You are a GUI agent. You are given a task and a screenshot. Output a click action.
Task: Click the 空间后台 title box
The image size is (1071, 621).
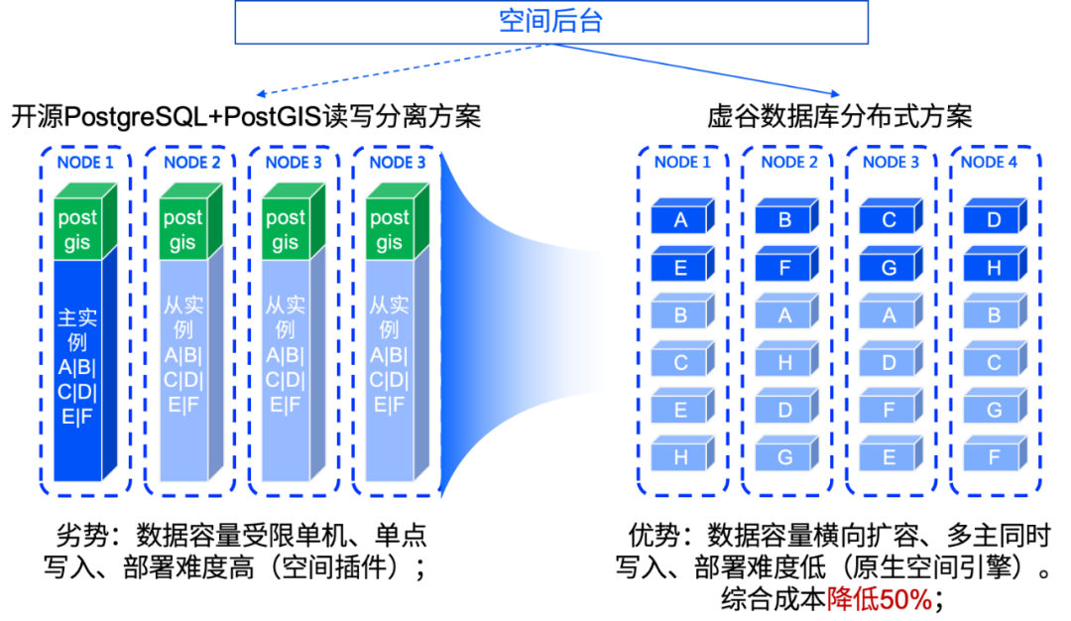pos(551,22)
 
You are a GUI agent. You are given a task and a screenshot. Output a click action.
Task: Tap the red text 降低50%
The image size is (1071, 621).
pos(879,599)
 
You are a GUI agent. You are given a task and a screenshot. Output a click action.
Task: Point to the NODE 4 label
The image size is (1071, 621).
pos(990,162)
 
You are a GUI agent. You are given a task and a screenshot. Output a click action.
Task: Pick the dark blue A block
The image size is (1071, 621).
pos(681,220)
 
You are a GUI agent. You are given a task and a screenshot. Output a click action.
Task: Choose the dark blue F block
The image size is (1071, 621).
pos(784,268)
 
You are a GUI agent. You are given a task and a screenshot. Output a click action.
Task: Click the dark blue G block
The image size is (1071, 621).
pos(889,268)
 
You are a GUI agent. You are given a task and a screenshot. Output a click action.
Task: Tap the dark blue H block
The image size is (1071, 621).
pos(994,268)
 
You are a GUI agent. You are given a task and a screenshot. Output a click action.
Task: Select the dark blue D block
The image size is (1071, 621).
pos(994,220)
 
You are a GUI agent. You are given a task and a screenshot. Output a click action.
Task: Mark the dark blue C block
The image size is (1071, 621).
pos(889,220)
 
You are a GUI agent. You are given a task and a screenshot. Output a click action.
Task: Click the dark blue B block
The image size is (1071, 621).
pos(784,220)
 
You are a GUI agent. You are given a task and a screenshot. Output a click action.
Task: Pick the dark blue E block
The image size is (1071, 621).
pos(681,268)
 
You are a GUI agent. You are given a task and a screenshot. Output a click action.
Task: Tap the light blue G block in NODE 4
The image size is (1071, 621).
pos(994,410)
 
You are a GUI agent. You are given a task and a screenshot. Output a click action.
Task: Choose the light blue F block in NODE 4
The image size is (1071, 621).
pos(994,457)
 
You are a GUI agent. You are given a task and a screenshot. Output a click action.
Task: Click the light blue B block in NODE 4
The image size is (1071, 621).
pos(994,315)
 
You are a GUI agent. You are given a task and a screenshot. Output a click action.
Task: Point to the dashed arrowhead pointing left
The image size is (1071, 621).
pos(261,95)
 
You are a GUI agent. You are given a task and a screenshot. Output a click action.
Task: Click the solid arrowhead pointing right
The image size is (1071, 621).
pos(835,95)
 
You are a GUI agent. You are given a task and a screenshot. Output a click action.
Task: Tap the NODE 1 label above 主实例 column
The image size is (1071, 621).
pos(85,162)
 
